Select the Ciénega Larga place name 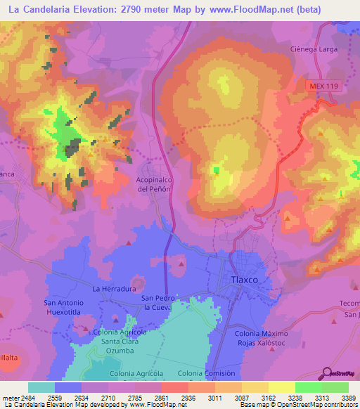click(314, 49)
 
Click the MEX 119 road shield click(323, 85)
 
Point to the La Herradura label click(114, 289)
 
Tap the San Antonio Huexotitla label click(65, 307)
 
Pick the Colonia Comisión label click(206, 373)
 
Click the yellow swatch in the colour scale click(281, 387)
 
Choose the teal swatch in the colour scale click(41, 387)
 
